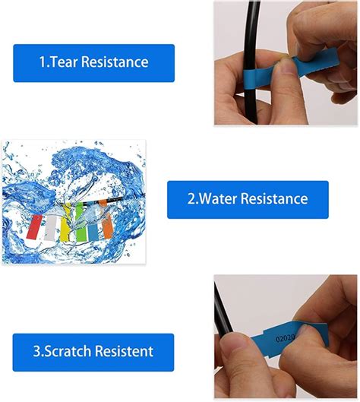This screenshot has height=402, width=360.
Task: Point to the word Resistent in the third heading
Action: coord(123,352)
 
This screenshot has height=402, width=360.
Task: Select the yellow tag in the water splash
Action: coord(66,220)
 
